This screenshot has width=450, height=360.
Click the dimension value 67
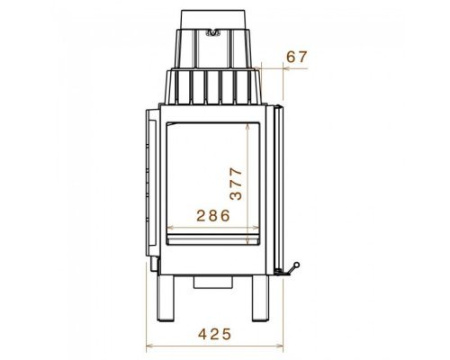297,57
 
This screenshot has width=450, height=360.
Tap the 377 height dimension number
236,184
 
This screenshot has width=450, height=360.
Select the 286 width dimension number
213,215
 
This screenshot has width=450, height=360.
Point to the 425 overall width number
215,334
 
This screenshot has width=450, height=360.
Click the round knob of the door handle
296,265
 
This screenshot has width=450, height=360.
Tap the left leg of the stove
166,298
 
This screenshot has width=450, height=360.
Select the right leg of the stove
260,298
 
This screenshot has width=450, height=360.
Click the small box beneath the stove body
213,283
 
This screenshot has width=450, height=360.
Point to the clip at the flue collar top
213,32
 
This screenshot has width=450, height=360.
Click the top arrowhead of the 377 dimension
247,128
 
